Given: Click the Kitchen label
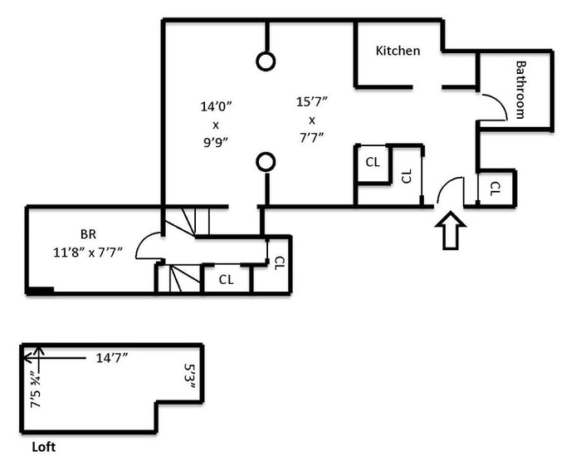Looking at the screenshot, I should pos(398,51).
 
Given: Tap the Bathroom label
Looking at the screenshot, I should pos(520,89).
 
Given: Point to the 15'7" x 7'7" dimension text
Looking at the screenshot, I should pos(312,118).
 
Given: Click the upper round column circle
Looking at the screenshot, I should pos(266,61).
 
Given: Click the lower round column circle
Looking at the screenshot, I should pos(266,161).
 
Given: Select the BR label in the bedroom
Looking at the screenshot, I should pos(88,234).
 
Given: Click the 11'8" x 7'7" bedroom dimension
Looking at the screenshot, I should pos(89,252).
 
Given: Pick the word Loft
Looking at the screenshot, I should pos(43,446).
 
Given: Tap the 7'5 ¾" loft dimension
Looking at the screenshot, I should pos(35,388).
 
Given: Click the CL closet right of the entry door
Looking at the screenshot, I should pos(495,188).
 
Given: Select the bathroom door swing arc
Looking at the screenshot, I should pos(495,106).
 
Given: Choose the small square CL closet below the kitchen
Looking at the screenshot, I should pos(373,162).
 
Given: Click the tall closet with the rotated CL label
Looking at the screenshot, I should pos(406,176).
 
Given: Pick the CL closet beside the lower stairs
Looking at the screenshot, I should pos(226,280).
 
